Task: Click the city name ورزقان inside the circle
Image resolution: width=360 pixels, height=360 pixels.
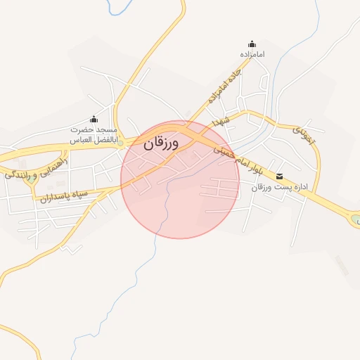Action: (x=162, y=143)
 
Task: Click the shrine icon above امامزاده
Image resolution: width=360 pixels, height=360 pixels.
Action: (x=252, y=44)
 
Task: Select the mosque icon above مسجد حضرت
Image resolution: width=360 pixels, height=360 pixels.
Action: (x=94, y=120)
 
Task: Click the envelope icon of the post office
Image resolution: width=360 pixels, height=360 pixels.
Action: (x=280, y=176)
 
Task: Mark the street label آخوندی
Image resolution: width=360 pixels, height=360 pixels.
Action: (x=305, y=134)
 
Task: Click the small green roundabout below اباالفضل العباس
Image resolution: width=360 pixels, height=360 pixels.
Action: (x=120, y=144)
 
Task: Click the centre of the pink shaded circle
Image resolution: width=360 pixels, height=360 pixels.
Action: (x=180, y=179)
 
